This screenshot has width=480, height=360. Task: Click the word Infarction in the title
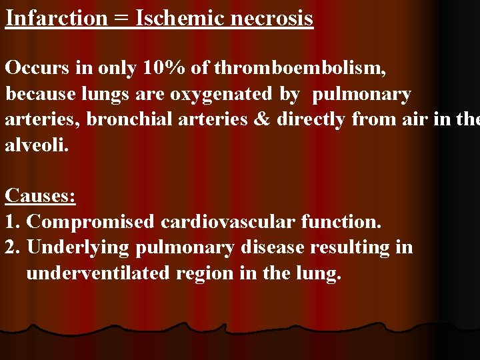click(x=56, y=17)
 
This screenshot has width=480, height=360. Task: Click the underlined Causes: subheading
click(x=40, y=196)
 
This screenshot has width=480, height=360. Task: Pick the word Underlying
click(x=79, y=248)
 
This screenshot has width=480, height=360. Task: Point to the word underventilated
click(x=98, y=273)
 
